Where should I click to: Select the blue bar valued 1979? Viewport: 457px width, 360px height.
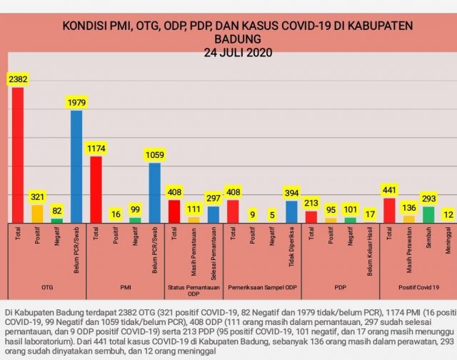click(x=76, y=166)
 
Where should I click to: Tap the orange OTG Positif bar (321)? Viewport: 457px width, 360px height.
click(x=37, y=214)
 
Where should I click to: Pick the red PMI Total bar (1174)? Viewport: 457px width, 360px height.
click(x=96, y=189)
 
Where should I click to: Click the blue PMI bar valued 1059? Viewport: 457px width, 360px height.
click(x=154, y=193)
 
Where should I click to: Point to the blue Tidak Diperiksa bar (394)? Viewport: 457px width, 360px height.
click(x=291, y=211)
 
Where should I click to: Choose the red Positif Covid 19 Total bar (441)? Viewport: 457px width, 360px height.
click(x=389, y=210)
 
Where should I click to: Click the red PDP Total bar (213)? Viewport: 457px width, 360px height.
click(x=311, y=216)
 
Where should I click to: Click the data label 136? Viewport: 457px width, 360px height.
click(x=408, y=208)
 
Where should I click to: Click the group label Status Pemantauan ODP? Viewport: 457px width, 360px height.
click(x=193, y=291)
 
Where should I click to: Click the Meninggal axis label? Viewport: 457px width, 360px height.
click(x=447, y=244)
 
